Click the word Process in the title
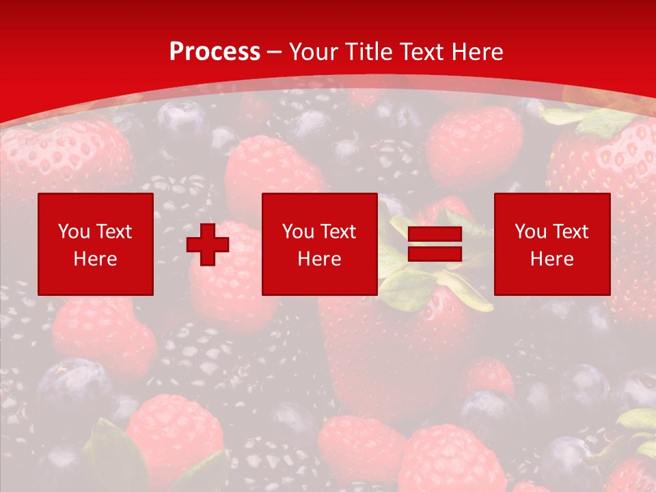pyautogui.click(x=215, y=52)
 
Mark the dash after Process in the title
pyautogui.click(x=275, y=53)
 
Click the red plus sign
pyautogui.click(x=208, y=245)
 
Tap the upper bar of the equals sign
pyautogui.click(x=435, y=235)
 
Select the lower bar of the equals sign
pyautogui.click(x=435, y=254)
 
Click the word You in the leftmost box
pyautogui.click(x=73, y=232)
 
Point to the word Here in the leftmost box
pyautogui.click(x=95, y=259)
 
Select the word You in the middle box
pyautogui.click(x=297, y=232)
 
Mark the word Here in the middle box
pyautogui.click(x=319, y=259)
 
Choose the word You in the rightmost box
pyautogui.click(x=530, y=232)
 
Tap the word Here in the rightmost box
pyautogui.click(x=551, y=259)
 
